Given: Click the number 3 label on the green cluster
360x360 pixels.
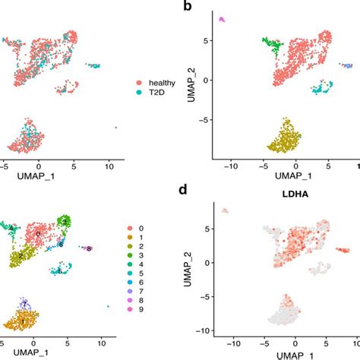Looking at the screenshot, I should (66, 221).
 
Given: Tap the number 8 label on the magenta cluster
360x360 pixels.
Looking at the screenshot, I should (89, 248).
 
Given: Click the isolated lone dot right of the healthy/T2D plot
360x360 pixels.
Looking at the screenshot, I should (115, 128).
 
